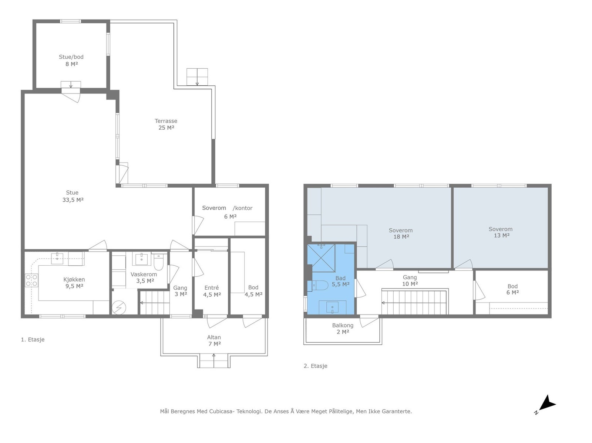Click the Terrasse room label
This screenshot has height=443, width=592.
(x=166, y=121)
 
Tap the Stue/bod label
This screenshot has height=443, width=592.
(x=71, y=57)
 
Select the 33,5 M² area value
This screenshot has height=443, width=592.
(x=73, y=200)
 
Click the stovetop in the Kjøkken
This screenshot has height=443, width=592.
(x=31, y=280)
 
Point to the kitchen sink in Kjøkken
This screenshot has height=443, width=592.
(x=57, y=259)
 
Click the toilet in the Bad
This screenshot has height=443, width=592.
(x=320, y=284)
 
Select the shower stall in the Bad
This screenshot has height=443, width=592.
(x=321, y=258)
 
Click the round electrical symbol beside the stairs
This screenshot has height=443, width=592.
(x=119, y=307)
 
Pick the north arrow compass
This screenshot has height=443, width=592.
(x=546, y=404)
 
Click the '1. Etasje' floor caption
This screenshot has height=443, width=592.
(x=33, y=340)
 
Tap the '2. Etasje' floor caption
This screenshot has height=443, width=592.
(x=315, y=366)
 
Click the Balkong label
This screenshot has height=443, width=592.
(x=343, y=325)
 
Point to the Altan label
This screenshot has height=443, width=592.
(x=214, y=337)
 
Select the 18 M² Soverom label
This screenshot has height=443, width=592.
(x=400, y=230)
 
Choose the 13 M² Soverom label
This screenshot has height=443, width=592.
(x=500, y=229)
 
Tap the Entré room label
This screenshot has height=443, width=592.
(x=211, y=287)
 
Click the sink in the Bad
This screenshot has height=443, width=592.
(x=333, y=307)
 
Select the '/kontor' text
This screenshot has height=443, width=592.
(x=242, y=208)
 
